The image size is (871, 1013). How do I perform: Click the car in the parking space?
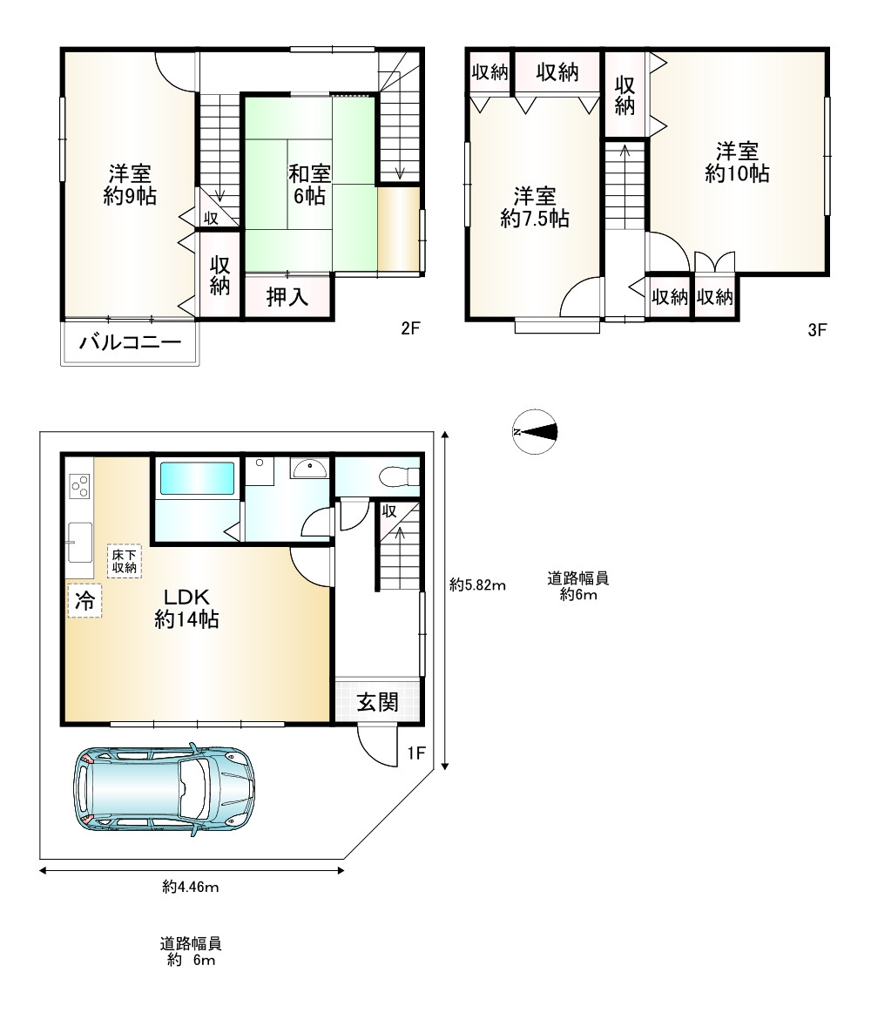click(165, 790)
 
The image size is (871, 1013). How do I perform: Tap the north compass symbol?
click(535, 432)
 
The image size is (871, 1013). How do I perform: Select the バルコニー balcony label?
click(130, 341)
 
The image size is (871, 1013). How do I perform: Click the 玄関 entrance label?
click(378, 701)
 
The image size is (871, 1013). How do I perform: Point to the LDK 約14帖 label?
click(186, 608)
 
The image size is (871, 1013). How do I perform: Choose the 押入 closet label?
click(287, 297)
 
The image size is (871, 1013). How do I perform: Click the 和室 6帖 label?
click(309, 184)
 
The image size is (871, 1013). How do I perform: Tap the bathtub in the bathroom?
click(197, 479)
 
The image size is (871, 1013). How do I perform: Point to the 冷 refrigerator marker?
click(84, 601)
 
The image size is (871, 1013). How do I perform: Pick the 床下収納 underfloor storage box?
click(124, 561)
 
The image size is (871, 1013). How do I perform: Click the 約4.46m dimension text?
click(191, 887)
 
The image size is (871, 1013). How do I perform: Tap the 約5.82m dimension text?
click(477, 585)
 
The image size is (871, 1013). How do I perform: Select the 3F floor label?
click(817, 330)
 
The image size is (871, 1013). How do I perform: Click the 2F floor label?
click(410, 328)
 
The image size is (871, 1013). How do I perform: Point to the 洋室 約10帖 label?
click(737, 162)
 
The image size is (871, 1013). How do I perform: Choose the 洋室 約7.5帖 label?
click(535, 207)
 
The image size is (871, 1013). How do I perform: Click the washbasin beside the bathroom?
click(310, 468)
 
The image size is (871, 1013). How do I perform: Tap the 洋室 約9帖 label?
click(130, 184)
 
